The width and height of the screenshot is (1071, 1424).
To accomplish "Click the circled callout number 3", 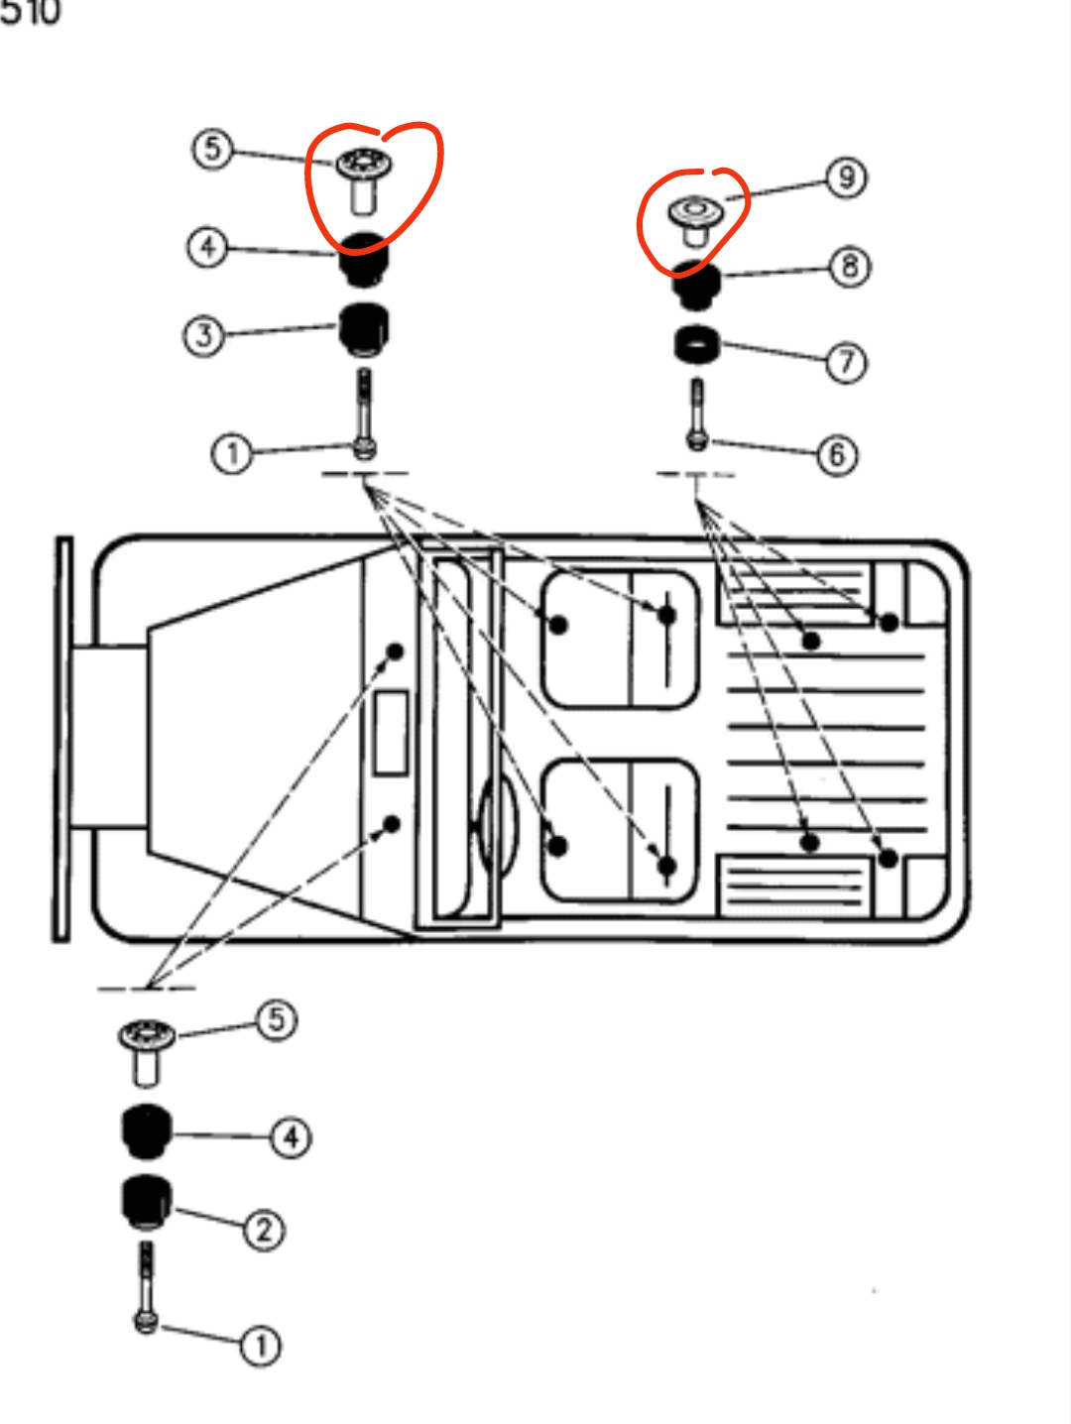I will pyautogui.click(x=203, y=335).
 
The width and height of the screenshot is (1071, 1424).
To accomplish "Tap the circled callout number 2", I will pyautogui.click(x=264, y=1231).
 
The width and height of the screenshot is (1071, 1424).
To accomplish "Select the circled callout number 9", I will pyautogui.click(x=846, y=178).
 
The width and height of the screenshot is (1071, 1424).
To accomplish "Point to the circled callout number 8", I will pyautogui.click(x=850, y=267).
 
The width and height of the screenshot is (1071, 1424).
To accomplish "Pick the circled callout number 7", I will pyautogui.click(x=846, y=362).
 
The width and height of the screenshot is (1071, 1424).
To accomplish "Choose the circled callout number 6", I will pyautogui.click(x=837, y=454).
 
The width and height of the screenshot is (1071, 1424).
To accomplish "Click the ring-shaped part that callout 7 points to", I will pyautogui.click(x=697, y=345).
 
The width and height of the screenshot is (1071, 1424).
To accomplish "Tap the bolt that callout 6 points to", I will pyautogui.click(x=697, y=416).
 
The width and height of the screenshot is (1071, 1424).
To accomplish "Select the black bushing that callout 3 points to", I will pyautogui.click(x=364, y=328).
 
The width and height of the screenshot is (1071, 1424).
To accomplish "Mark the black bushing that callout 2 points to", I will pyautogui.click(x=146, y=1201).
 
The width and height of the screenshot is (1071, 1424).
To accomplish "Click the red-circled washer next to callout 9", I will pyautogui.click(x=693, y=217).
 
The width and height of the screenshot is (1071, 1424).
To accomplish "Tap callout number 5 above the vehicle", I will pyautogui.click(x=211, y=150).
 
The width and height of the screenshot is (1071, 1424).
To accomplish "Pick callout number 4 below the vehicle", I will pyautogui.click(x=291, y=1137).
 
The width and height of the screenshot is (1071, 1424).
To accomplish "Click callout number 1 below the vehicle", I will pyautogui.click(x=261, y=1346).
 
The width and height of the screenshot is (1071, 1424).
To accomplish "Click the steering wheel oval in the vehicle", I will pyautogui.click(x=497, y=822).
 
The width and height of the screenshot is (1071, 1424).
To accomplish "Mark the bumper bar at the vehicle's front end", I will pyautogui.click(x=63, y=739).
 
